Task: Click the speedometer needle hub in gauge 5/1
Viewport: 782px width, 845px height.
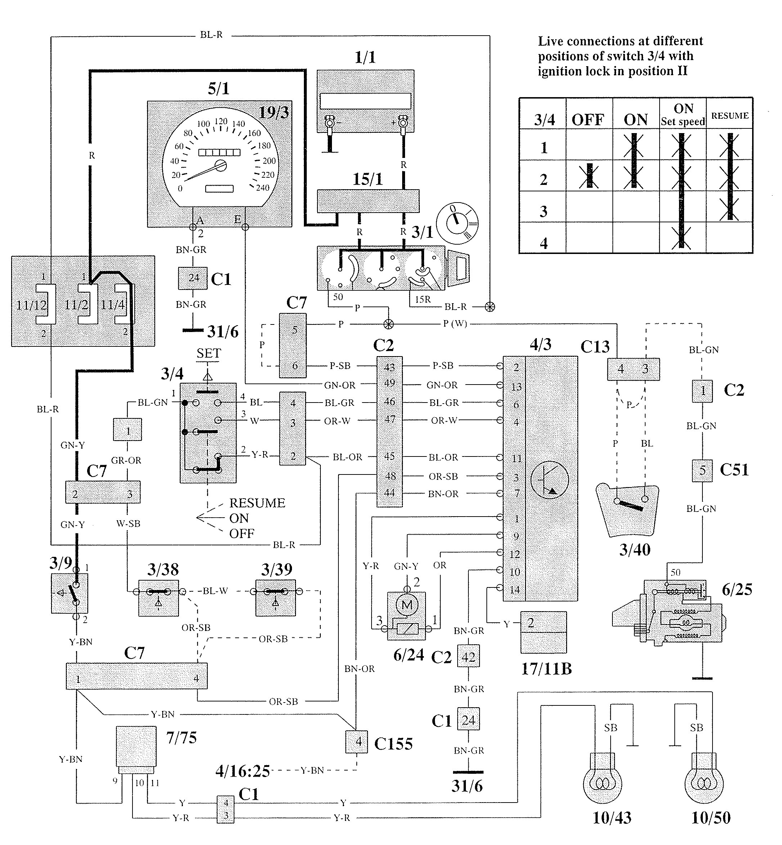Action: coord(220,165)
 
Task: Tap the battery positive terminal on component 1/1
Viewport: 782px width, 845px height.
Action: coord(403,123)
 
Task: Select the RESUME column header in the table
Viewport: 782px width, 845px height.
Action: coord(729,115)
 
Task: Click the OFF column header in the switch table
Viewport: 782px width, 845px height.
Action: coord(588,120)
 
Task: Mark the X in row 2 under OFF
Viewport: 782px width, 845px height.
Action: coord(589,177)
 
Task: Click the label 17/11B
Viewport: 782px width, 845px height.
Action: coord(546,669)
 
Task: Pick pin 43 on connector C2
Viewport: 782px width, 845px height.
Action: coord(389,367)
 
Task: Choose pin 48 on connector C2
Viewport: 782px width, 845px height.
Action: coord(389,476)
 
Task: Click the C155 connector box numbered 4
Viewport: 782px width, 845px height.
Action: coord(357,741)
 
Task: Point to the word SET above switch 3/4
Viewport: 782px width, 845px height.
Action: coord(208,353)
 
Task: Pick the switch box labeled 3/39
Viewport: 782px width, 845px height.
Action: coord(275,598)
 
